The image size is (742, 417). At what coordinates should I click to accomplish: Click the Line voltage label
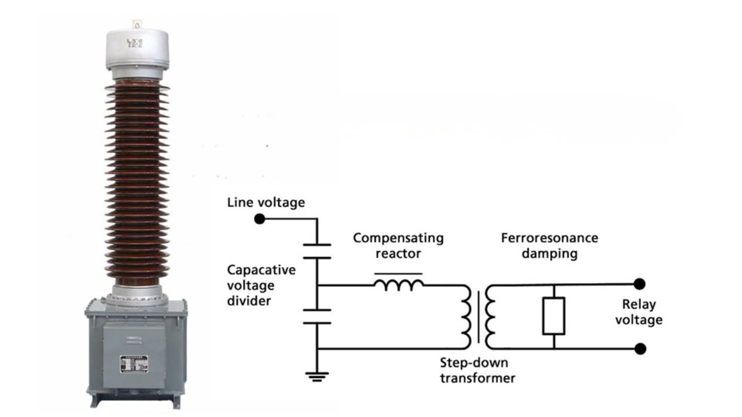click(x=265, y=203)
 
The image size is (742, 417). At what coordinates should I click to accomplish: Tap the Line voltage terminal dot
click(x=260, y=219)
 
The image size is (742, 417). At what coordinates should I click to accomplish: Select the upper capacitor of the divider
click(x=317, y=250)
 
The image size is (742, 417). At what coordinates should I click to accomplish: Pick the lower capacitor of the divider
click(x=317, y=316)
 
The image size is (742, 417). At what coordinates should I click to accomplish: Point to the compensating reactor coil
click(x=399, y=284)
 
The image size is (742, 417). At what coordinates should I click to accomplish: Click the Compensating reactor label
click(x=398, y=246)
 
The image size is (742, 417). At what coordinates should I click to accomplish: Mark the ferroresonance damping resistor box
click(x=554, y=316)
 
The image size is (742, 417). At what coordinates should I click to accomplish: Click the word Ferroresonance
click(x=550, y=238)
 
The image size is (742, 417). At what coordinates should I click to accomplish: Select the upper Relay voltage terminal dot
click(x=639, y=284)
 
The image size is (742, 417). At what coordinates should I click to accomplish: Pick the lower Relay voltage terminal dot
click(x=640, y=349)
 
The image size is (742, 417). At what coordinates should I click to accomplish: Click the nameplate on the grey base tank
click(x=134, y=363)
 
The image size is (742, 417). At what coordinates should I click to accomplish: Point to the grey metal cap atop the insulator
click(x=137, y=52)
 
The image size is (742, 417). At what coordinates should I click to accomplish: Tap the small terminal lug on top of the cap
click(x=137, y=24)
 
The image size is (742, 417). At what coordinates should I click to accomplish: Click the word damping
click(x=550, y=253)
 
